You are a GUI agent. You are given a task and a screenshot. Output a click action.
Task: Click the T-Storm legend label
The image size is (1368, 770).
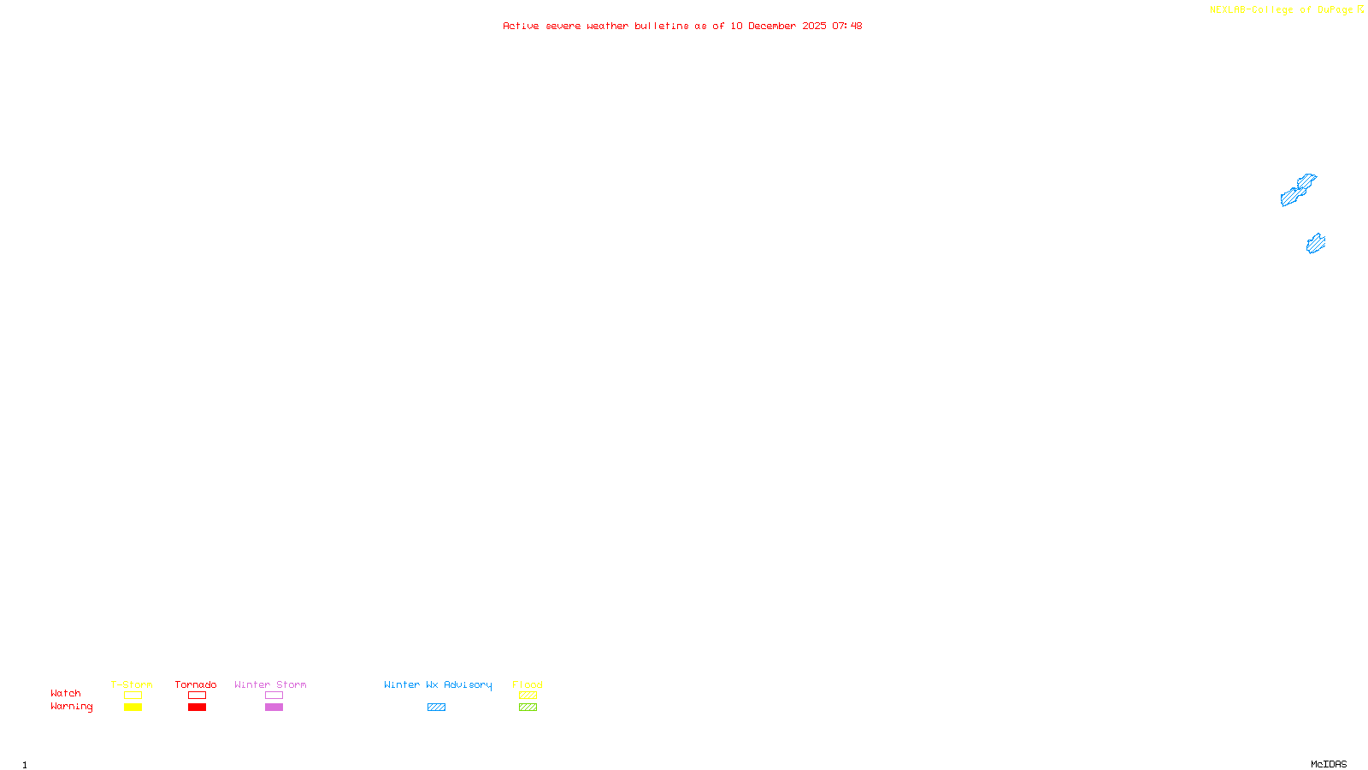132,684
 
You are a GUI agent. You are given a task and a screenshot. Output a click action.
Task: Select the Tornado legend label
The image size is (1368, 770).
196,684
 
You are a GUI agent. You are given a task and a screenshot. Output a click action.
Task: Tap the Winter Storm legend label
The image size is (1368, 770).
270,684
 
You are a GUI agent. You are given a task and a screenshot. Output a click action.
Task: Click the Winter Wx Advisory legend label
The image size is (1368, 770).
438,684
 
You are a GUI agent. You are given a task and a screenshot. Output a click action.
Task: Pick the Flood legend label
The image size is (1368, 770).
528,684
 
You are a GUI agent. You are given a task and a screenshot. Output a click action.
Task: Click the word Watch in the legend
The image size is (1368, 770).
66,693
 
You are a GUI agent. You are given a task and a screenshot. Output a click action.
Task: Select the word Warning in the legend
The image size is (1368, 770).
71,707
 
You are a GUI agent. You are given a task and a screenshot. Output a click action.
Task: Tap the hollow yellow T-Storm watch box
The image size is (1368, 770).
133,696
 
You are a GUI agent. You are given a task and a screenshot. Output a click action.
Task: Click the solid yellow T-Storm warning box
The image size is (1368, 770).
133,708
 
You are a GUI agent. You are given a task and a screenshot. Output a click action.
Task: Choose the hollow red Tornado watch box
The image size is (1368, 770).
197,696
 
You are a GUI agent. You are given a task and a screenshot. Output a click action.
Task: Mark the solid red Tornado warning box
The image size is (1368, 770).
197,708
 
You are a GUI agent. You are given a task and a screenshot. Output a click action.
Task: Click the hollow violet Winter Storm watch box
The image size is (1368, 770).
274,696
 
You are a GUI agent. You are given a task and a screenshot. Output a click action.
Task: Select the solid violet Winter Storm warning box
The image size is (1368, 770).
274,708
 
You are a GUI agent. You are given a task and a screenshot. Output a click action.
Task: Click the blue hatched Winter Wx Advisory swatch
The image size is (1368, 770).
436,708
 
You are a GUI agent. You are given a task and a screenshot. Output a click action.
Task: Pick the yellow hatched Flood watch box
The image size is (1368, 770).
528,696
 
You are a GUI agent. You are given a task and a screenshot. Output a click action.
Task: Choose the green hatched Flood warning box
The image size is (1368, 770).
528,708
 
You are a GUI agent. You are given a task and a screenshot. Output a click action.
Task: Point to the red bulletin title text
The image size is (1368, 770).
682,26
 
